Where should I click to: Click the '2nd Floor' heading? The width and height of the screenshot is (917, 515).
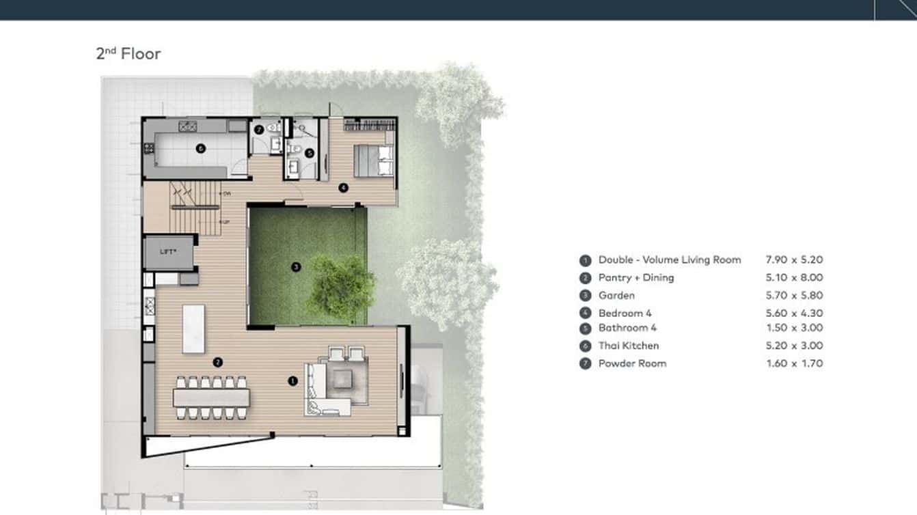[128, 53]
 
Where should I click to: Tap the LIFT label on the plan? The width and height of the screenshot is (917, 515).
[168, 251]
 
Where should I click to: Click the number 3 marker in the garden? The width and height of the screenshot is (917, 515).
[296, 267]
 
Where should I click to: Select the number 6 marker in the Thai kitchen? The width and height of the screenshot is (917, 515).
[201, 148]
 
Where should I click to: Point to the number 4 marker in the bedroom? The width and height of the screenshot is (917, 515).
[343, 188]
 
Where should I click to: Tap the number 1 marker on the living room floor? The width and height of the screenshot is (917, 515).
[292, 381]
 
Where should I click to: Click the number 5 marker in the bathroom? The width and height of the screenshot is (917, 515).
[310, 153]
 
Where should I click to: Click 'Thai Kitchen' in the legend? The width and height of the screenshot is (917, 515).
[629, 346]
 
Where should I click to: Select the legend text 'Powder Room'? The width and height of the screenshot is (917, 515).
[632, 363]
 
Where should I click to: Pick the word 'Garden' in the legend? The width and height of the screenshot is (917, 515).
[616, 295]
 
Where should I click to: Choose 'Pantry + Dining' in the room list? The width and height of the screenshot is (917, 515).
[635, 277]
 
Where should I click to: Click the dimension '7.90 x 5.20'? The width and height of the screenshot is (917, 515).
[794, 260]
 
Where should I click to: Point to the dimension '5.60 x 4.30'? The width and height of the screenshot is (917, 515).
[794, 313]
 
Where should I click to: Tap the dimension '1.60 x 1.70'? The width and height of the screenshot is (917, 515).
[794, 363]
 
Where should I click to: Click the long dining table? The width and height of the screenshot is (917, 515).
[211, 398]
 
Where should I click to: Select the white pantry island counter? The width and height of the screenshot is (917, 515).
[193, 329]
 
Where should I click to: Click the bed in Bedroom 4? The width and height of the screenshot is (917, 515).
[373, 161]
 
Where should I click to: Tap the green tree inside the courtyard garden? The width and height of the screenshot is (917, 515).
[340, 287]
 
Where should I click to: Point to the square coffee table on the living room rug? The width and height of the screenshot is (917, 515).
[342, 379]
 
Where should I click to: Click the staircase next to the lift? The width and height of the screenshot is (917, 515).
[195, 208]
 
